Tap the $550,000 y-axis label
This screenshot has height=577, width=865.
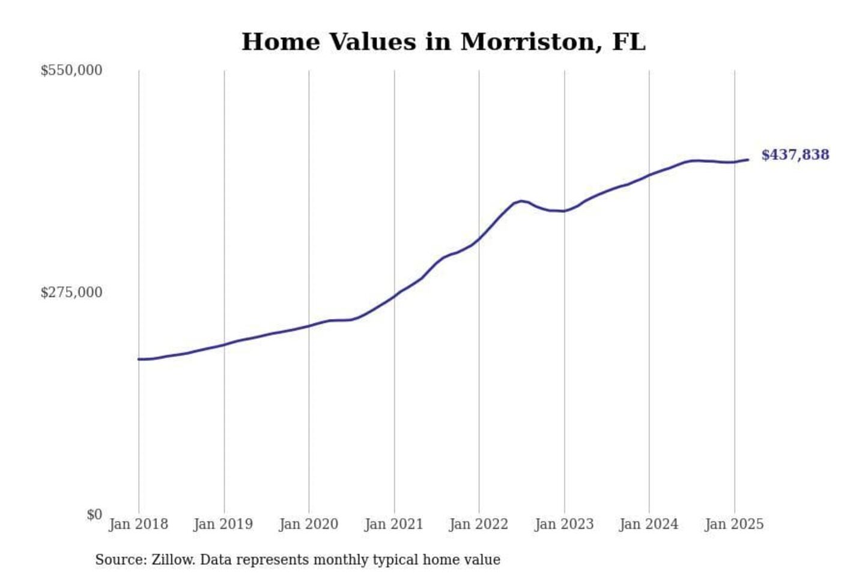point(71,70)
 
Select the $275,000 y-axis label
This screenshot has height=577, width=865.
point(71,293)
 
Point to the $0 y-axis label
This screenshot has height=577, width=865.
point(94,515)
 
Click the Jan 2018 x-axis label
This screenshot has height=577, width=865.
point(138,524)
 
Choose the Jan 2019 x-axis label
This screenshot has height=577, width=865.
point(223,524)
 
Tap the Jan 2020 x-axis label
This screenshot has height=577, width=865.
point(309,524)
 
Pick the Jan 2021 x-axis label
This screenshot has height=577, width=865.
point(394,524)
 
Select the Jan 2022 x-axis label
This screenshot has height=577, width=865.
point(479,524)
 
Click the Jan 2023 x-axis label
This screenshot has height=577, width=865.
point(564,524)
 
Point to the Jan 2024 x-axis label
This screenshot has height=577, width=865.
point(649,524)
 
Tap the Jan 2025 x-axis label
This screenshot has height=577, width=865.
point(734,524)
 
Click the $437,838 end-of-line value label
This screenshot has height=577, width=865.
point(795,155)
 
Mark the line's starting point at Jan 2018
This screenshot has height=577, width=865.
point(139,359)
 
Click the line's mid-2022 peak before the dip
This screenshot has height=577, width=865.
point(521,201)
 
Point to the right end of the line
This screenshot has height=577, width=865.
point(748,159)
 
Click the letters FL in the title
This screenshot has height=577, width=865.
point(628,42)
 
